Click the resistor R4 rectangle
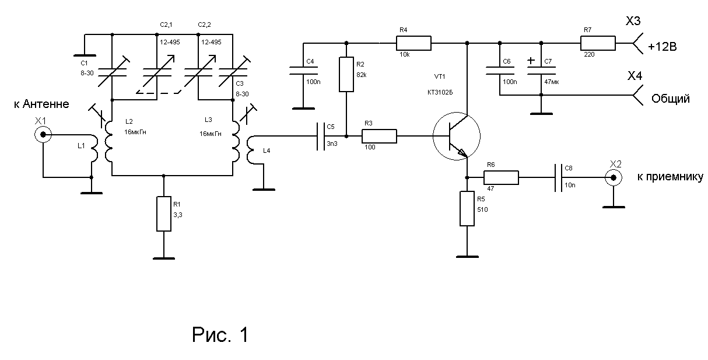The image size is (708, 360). tap(413, 43)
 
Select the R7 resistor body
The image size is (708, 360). tap(598, 43)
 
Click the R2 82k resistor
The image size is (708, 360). tap(347, 75)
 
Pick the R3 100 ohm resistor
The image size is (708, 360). tap(379, 137)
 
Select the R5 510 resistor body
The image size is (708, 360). tap(467, 208)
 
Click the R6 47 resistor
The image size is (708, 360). tap(500, 177)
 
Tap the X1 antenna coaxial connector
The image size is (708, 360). tap(43, 135)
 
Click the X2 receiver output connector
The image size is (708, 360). tap(612, 177)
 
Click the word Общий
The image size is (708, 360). tap(670, 99)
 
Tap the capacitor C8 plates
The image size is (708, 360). tap(558, 177)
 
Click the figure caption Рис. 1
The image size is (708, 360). tap(220, 334)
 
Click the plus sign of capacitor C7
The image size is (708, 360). tap(531, 60)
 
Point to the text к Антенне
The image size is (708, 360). tap(41, 104)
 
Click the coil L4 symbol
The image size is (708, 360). tap(251, 150)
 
